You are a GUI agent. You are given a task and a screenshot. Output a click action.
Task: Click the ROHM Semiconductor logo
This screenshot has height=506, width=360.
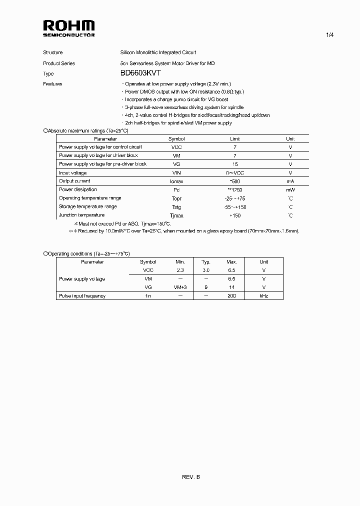68,28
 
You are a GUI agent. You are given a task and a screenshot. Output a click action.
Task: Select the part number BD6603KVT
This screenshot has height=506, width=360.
140,73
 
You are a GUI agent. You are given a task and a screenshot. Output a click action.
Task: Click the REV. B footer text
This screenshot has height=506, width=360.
190,477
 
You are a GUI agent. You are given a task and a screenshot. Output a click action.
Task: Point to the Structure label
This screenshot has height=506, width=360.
52,52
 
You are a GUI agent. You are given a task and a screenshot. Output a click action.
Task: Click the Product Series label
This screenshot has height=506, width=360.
59,63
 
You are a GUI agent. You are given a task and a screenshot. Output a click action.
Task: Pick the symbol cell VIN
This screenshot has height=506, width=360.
176,172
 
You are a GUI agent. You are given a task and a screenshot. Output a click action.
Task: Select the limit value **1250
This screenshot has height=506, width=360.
235,190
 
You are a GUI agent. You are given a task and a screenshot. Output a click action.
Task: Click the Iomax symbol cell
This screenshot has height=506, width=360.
176,181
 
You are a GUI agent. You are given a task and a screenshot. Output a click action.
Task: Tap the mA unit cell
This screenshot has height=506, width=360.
290,181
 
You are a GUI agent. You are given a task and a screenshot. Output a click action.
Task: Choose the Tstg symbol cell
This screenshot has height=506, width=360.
176,207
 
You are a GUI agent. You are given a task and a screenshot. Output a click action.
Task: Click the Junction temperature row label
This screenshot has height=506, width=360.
81,215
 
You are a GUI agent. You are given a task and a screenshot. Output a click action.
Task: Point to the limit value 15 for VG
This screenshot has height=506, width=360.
235,164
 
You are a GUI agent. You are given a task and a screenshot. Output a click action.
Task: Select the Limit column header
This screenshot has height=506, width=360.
235,139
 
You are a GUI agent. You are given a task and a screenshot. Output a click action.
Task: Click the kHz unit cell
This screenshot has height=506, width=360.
263,296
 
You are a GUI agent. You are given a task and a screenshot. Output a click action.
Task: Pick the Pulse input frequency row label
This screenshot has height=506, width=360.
82,296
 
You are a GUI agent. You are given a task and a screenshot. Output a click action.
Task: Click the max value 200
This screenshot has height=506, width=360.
231,296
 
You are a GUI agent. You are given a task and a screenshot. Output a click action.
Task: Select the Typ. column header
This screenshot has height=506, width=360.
205,262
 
